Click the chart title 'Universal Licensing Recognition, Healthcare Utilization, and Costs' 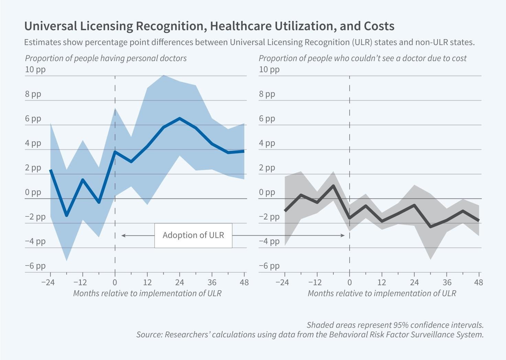(x=209, y=26)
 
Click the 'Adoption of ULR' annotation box (x=193, y=235)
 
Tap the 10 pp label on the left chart (x=35, y=69)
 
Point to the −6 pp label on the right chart (x=269, y=266)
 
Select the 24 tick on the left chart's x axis (x=179, y=282)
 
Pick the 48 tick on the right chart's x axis (x=478, y=282)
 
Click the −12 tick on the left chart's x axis (x=81, y=282)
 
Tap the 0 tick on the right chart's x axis (x=350, y=282)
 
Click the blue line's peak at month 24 (x=180, y=119)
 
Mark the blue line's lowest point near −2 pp (x=66, y=215)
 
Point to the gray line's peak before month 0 (x=333, y=186)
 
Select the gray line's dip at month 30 (x=431, y=227)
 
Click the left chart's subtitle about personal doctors (x=106, y=58)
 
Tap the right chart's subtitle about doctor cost (x=362, y=58)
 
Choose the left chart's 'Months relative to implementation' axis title (x=147, y=293)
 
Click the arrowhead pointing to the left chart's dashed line (x=123, y=235)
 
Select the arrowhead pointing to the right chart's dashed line (x=343, y=235)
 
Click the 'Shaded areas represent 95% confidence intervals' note (x=395, y=325)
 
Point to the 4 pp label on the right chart (x=267, y=143)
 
